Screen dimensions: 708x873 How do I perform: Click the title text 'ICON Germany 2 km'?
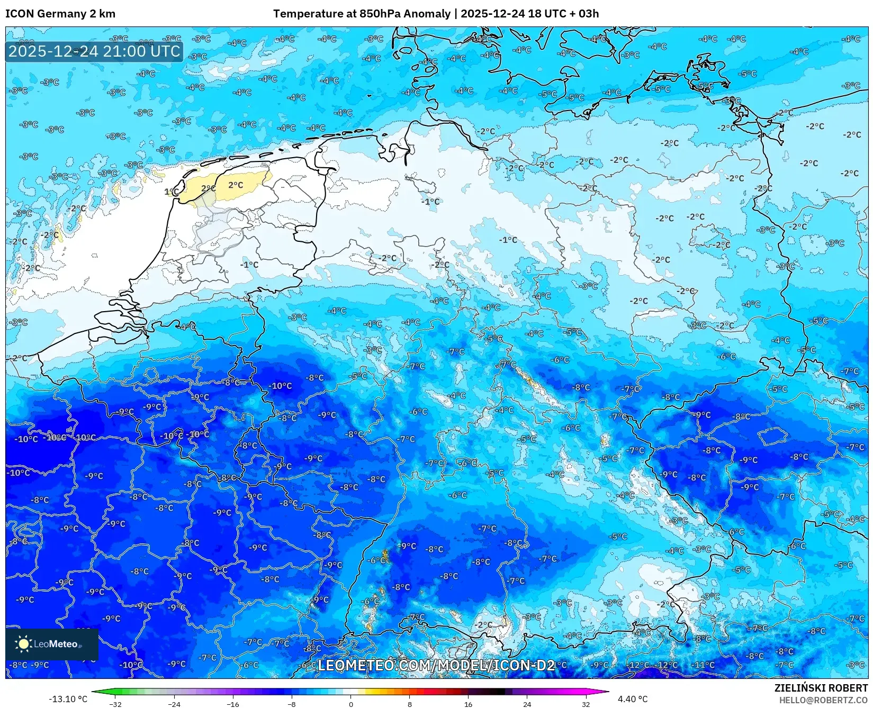(60, 14)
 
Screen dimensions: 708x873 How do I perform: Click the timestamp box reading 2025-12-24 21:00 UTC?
(94, 51)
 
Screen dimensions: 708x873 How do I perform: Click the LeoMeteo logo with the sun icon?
(51, 644)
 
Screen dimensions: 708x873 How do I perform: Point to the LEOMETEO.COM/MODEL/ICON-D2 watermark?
(436, 665)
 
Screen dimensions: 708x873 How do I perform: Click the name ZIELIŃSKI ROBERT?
(821, 688)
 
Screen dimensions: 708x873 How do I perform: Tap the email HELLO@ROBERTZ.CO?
(824, 700)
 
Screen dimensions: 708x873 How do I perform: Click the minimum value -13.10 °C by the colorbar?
(68, 699)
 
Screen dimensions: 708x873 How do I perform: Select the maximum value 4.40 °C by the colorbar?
(632, 699)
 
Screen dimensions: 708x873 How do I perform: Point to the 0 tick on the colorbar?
(350, 704)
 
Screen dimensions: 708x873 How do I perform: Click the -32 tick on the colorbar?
(115, 704)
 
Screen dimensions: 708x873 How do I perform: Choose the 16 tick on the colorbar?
(468, 704)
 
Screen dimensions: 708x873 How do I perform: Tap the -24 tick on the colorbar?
(174, 704)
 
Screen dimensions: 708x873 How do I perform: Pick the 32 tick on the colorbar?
(586, 704)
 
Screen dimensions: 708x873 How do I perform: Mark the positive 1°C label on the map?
(170, 192)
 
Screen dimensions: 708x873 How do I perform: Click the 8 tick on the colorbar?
(409, 704)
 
